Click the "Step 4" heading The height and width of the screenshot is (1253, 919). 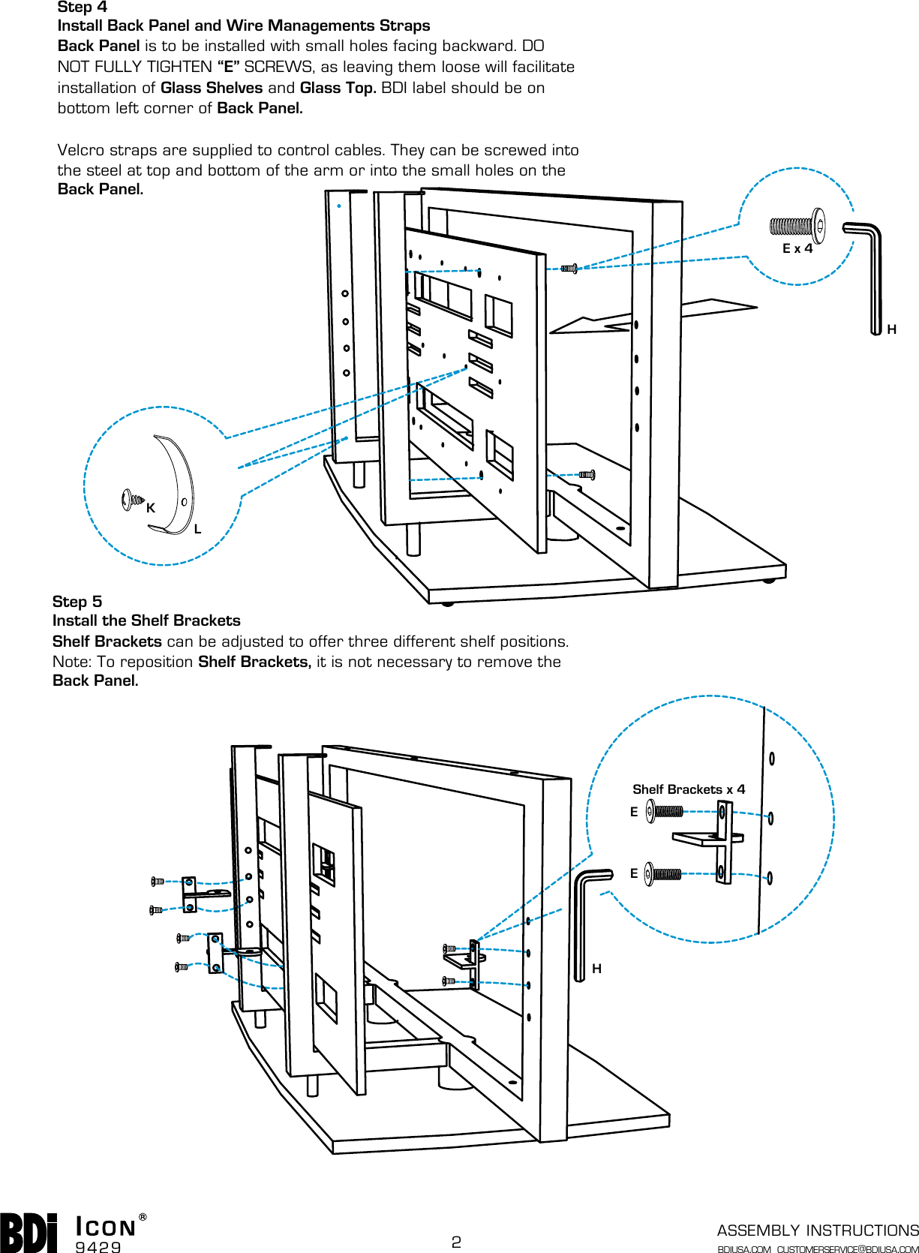point(82,8)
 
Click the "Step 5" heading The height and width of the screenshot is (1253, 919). point(77,602)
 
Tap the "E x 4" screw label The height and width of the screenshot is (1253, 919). point(797,249)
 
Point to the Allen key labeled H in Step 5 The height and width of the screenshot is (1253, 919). point(583,923)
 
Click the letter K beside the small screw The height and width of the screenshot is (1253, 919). point(151,508)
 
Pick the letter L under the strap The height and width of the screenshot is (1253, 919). point(197,529)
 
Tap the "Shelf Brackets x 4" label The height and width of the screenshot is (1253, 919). point(688,789)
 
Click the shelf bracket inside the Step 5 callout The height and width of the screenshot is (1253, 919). point(716,840)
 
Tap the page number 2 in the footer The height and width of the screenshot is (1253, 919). point(456,1242)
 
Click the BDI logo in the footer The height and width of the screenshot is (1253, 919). point(29,1233)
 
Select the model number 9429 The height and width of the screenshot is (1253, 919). point(98,1247)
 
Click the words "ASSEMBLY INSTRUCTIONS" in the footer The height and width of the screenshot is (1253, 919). point(817,1230)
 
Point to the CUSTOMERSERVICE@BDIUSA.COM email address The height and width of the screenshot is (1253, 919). point(847,1249)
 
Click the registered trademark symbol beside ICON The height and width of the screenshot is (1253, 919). point(143,1217)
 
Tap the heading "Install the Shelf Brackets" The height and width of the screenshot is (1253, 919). point(146,620)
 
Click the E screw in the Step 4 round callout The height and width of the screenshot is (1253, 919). point(797,226)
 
